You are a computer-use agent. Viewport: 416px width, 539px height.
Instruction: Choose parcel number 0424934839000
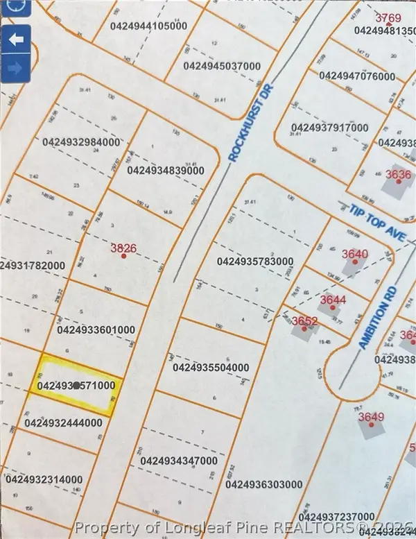[x=166, y=170]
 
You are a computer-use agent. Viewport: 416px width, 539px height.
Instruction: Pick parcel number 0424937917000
[x=329, y=128]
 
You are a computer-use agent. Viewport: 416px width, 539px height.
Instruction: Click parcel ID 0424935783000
[x=255, y=262]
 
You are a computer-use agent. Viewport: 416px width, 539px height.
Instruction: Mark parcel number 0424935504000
[x=210, y=367]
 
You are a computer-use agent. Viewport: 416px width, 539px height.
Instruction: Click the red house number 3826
[x=123, y=247]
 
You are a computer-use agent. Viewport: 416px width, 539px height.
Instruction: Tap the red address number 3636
[x=398, y=175]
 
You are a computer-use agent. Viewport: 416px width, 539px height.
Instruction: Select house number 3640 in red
[x=354, y=254]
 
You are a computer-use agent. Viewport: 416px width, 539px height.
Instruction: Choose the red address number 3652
[x=304, y=320]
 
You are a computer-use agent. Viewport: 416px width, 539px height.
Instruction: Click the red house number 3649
[x=370, y=417]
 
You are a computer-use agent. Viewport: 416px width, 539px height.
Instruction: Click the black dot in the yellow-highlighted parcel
[x=76, y=385]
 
